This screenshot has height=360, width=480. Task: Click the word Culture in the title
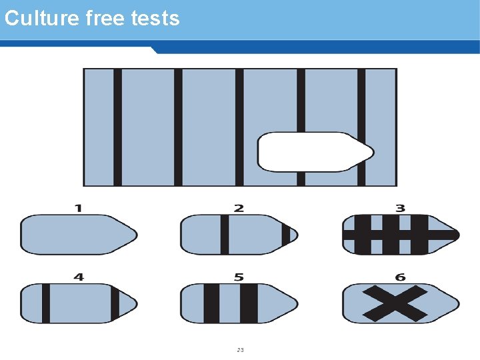pyautogui.click(x=42, y=18)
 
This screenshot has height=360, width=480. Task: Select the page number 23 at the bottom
pyautogui.click(x=240, y=350)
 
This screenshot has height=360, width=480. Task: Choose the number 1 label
pyautogui.click(x=79, y=208)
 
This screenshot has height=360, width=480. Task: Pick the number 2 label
pyautogui.click(x=239, y=208)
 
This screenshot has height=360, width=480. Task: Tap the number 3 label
pyautogui.click(x=400, y=208)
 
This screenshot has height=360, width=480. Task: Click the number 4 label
pyautogui.click(x=79, y=277)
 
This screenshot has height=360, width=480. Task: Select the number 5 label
pyautogui.click(x=239, y=277)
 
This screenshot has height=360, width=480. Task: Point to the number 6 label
pyautogui.click(x=400, y=277)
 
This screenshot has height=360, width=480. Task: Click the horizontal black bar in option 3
pyautogui.click(x=400, y=235)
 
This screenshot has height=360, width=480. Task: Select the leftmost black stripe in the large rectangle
pyautogui.click(x=117, y=127)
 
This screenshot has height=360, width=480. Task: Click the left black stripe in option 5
pyautogui.click(x=211, y=303)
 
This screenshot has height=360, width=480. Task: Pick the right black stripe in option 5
pyautogui.click(x=249, y=303)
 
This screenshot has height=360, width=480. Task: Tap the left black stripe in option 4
pyautogui.click(x=46, y=303)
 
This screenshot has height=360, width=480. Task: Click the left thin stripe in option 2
pyautogui.click(x=225, y=234)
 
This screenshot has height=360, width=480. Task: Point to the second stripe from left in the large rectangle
pyautogui.click(x=178, y=127)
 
